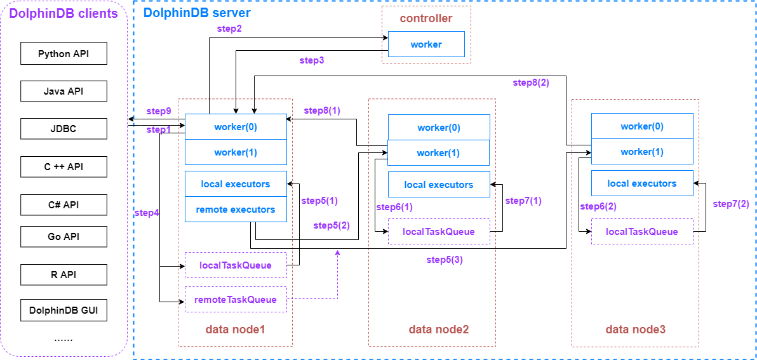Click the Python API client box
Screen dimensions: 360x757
coord(64,54)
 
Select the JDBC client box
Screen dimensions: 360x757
coord(64,129)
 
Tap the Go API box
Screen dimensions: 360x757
coord(64,237)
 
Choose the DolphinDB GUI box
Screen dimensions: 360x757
coord(64,311)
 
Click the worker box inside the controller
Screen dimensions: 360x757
coord(426,44)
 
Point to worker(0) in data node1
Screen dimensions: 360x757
coord(236,127)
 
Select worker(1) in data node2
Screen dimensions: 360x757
coord(438,153)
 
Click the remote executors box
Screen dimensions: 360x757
coord(236,210)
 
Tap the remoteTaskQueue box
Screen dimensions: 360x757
coord(236,300)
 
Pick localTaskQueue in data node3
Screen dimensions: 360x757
coord(641,232)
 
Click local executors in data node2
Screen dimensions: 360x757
coord(439,185)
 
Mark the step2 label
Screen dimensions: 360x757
coord(229,29)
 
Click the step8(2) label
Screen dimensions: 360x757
coord(531,83)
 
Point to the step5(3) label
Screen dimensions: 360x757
coord(445,260)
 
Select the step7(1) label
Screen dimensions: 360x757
coord(523,201)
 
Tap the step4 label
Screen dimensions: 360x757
coord(147,213)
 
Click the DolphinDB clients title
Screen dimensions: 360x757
coord(64,14)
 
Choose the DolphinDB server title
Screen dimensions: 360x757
coord(197,13)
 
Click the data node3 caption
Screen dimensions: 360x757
coord(635,330)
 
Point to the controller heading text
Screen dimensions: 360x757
coord(426,18)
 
